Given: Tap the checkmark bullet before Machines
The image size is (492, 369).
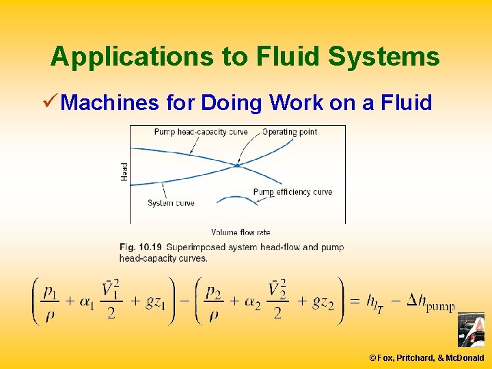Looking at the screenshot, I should pos(49,102).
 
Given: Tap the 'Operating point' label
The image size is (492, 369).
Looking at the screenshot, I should pos(290,132).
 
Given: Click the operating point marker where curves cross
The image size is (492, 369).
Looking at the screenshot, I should pos(237,165).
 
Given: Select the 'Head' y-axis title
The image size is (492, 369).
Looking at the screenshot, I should pos(124,171).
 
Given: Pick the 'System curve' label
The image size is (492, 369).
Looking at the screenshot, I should pos(171,203).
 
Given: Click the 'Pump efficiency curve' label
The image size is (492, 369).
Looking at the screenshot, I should pos(292,192).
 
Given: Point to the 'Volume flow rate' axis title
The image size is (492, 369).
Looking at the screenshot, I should pos(241,232).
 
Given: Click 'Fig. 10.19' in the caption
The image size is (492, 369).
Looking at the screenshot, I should pos(139,247).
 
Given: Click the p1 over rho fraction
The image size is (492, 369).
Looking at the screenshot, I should pos(51,301).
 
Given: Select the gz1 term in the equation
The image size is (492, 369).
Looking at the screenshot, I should pos(161,302).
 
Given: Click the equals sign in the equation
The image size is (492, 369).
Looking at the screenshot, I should pos(354,303).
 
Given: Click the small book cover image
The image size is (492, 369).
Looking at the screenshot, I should pos(471,331).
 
